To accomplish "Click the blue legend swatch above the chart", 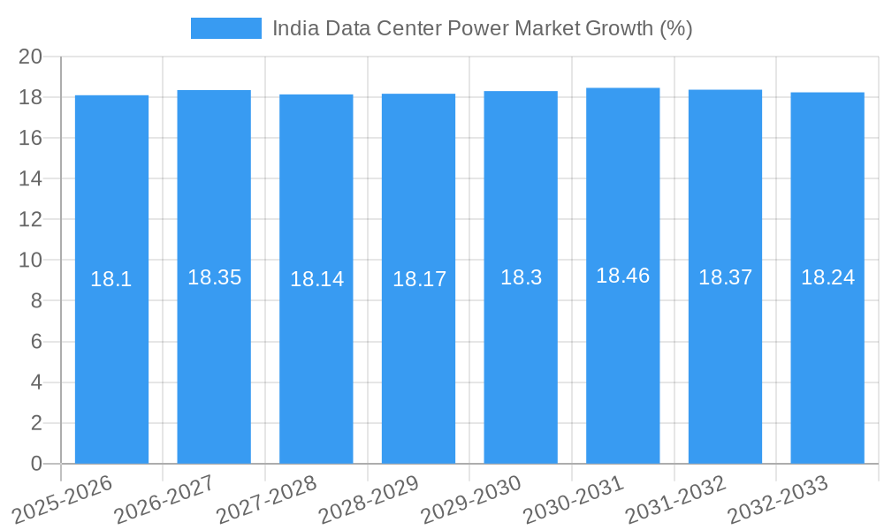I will [226, 28].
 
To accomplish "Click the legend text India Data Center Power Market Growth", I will [482, 28].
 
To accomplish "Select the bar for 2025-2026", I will [111, 353].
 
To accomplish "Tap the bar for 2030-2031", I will [623, 353].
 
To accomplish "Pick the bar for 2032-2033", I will [827, 353].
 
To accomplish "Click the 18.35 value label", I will [214, 277].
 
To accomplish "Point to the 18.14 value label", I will [316, 279].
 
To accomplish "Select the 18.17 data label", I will [419, 279].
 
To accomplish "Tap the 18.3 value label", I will [521, 277].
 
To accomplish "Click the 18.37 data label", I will [725, 277].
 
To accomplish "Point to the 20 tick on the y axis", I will [31, 57].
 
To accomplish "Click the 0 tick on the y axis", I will [36, 464].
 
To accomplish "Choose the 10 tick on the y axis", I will [31, 261].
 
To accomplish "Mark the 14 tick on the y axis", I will [31, 178].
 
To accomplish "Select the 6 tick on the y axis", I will [36, 342].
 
